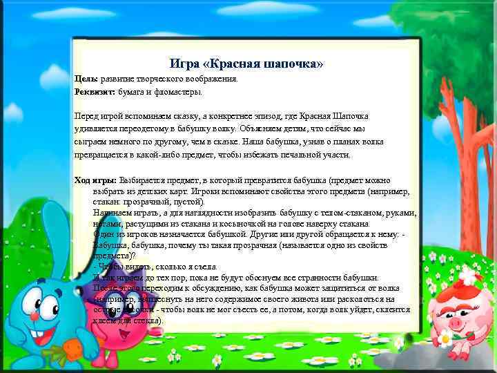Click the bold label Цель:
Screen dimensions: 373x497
click(x=86, y=79)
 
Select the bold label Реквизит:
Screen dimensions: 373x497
click(x=95, y=92)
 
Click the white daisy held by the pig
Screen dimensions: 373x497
click(x=446, y=336)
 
